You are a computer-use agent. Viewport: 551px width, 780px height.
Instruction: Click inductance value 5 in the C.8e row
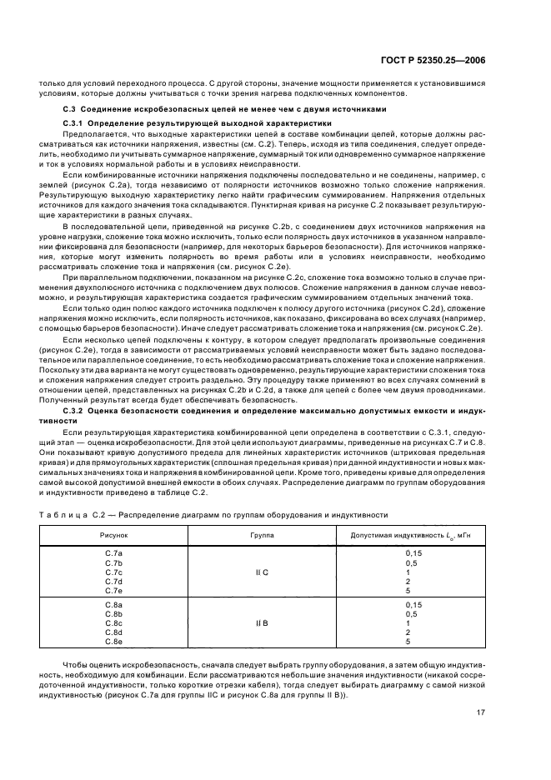[x=408, y=642]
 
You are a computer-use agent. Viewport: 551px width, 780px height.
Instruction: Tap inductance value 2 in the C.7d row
[x=408, y=582]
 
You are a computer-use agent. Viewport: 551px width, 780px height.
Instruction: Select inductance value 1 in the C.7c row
[x=408, y=572]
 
